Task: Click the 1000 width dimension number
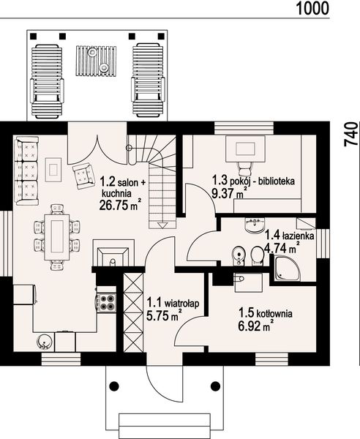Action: pyautogui.click(x=312, y=8)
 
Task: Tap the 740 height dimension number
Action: pyautogui.click(x=351, y=134)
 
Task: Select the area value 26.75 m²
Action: pyautogui.click(x=120, y=205)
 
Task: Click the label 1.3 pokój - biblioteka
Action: pyautogui.click(x=253, y=181)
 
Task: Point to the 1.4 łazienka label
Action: pyautogui.click(x=290, y=235)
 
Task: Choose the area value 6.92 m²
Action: pyautogui.click(x=255, y=326)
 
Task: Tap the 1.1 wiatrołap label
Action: pyautogui.click(x=173, y=303)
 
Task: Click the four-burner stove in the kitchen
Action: pyautogui.click(x=106, y=302)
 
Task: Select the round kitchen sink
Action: pyautogui.click(x=45, y=342)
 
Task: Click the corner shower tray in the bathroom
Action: pyautogui.click(x=286, y=268)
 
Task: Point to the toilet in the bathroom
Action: pyautogui.click(x=257, y=255)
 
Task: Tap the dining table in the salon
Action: pyautogui.click(x=57, y=237)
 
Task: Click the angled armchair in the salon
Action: pyautogui.click(x=83, y=176)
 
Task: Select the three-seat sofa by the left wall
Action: pyautogui.click(x=26, y=170)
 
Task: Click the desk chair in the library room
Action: pyautogui.click(x=244, y=168)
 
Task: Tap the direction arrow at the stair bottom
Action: pyautogui.click(x=162, y=225)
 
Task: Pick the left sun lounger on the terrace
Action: pyautogui.click(x=47, y=81)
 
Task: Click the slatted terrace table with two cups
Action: pyautogui.click(x=96, y=61)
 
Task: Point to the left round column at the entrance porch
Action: pyautogui.click(x=114, y=386)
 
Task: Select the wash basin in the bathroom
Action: pyautogui.click(x=255, y=225)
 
